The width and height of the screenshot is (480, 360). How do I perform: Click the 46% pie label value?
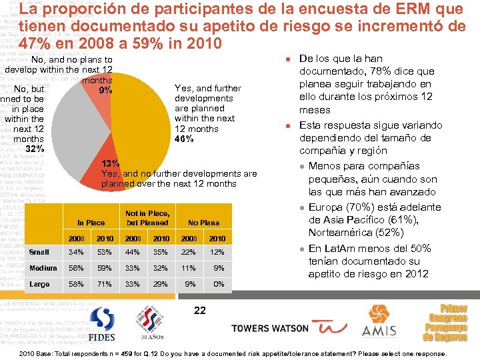click(183, 139)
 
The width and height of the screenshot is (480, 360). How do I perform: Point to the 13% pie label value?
click(110, 163)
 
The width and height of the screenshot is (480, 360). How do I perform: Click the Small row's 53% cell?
click(104, 252)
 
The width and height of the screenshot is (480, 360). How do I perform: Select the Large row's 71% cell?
click(104, 284)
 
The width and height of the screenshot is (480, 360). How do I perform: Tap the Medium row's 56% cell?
click(76, 268)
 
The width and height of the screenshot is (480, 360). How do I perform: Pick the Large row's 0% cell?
click(218, 284)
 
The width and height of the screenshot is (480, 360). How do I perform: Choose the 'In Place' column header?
click(91, 223)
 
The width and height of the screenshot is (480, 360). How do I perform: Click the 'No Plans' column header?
click(203, 223)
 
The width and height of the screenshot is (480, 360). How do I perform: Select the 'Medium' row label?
click(43, 268)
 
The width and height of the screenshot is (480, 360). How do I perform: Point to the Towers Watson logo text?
click(270, 328)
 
